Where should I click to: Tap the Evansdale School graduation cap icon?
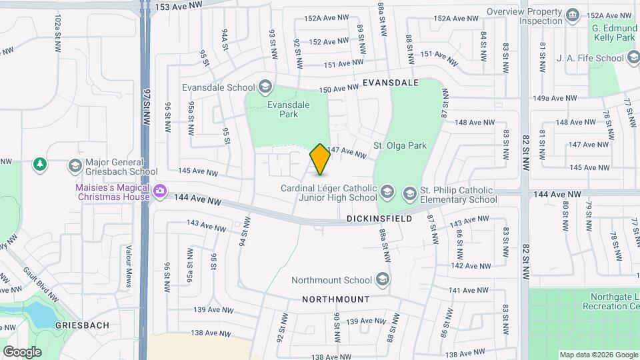[x=265, y=87]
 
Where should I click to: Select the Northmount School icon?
[x=383, y=280]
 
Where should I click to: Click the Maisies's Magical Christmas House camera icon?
[x=159, y=192]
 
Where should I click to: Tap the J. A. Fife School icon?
[x=634, y=58]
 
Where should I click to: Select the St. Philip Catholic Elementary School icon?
[x=409, y=193]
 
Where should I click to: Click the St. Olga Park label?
[x=399, y=145]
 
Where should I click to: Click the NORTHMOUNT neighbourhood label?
[x=337, y=299]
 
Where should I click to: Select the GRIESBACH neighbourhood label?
[x=83, y=324]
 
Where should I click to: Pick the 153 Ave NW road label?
[x=178, y=5]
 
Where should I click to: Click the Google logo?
[x=22, y=351]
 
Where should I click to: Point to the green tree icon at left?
[x=40, y=163]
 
